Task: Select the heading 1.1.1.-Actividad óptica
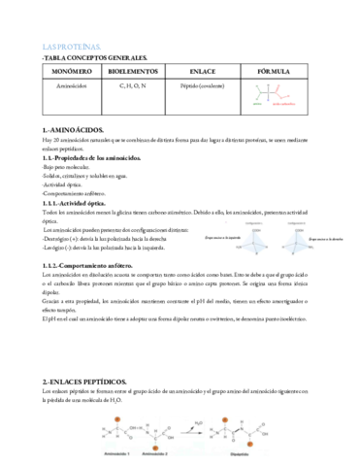pos(82,203)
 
